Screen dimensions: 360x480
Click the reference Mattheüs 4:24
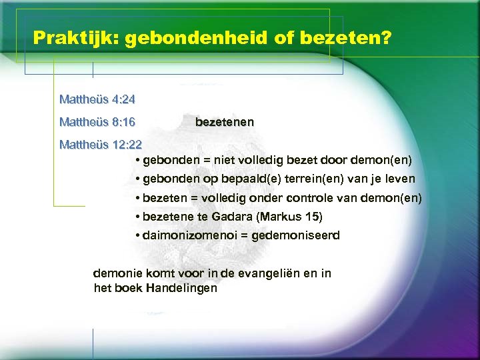(97, 100)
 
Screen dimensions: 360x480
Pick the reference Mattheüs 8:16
(97, 122)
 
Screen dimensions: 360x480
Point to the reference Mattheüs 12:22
(101, 144)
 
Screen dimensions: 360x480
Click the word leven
(400, 179)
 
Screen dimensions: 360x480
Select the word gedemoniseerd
(301, 235)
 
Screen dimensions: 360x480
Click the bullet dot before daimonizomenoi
(136, 236)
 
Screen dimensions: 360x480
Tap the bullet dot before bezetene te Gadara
(136, 217)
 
